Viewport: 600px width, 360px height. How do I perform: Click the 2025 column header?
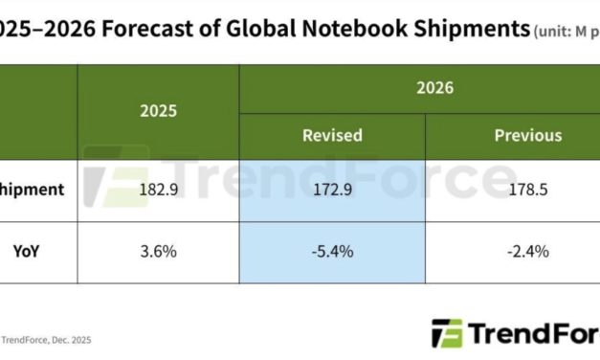tap(158, 111)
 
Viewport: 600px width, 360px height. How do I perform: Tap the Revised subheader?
tap(332, 135)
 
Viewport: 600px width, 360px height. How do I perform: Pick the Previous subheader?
tap(526, 135)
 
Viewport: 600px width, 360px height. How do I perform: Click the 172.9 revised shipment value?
tap(332, 190)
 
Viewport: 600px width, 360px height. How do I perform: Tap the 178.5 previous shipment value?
tap(528, 190)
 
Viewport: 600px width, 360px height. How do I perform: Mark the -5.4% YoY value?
tap(332, 253)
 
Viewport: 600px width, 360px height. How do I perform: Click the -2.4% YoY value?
tap(528, 253)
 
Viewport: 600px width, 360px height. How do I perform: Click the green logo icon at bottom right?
tap(447, 333)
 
